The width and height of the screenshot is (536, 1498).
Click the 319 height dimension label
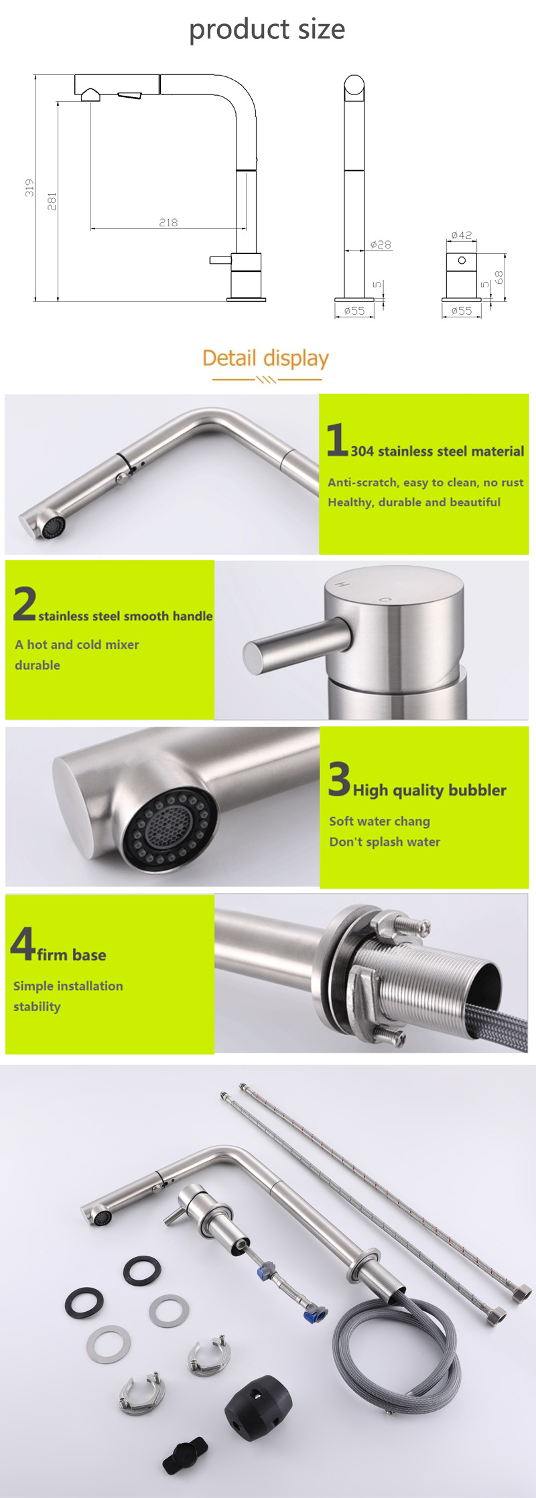point(29,188)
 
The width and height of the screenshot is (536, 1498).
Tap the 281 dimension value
point(52,201)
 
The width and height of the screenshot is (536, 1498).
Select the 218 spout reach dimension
point(168,222)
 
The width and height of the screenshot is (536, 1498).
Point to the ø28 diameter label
point(381,245)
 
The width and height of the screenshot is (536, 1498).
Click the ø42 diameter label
point(462,235)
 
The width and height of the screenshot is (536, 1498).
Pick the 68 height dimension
point(498,277)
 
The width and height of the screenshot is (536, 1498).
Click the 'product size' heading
point(267,29)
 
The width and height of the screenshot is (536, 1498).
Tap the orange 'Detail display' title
point(265,358)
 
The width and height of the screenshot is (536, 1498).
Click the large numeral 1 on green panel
point(337,439)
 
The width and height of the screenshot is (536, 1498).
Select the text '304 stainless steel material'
point(438,451)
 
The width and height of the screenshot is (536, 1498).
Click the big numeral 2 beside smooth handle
point(25,603)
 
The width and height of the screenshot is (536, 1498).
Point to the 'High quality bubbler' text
point(429,790)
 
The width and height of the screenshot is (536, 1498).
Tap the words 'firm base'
point(72,955)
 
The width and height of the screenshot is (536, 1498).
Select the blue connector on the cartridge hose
point(315,1313)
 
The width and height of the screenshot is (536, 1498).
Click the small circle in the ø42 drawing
point(462,260)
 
